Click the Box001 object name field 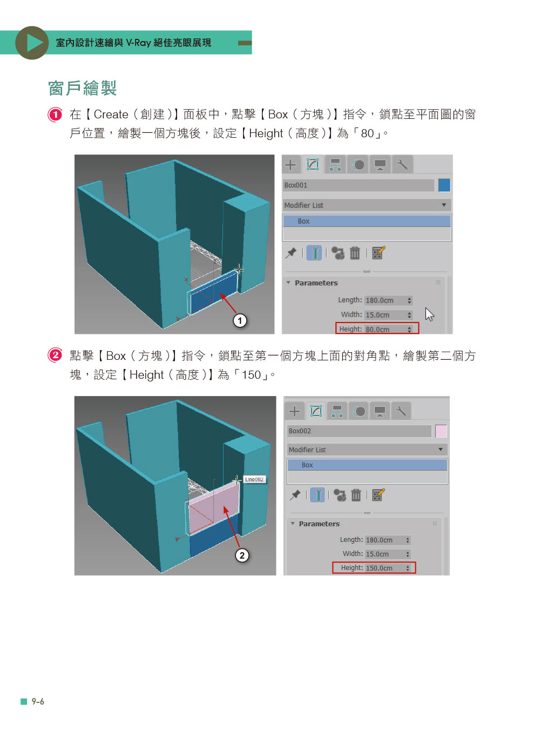coord(357,185)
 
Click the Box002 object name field coord(358,430)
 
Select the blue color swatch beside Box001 coord(443,185)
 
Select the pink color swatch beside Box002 coord(440,431)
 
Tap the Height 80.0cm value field coord(388,328)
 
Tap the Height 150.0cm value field coord(388,567)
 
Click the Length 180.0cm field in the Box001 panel coord(388,300)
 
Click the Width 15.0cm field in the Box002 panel coord(388,553)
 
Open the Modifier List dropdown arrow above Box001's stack coord(443,205)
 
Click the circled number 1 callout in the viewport coord(240,320)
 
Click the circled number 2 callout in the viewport coord(241,555)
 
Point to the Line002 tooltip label coord(254,479)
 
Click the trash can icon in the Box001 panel coord(354,253)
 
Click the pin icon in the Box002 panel coord(294,494)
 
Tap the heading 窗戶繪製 coord(83,88)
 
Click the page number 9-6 coord(38,701)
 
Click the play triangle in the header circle coord(34,43)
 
